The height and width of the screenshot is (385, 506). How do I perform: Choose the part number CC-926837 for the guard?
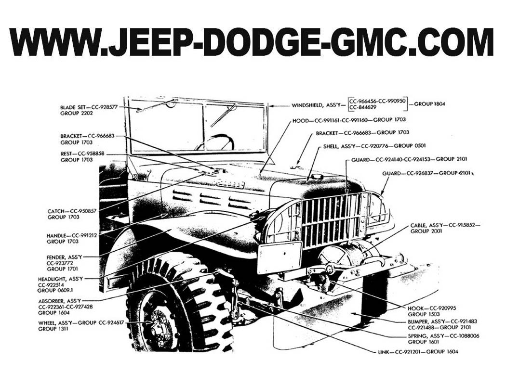(421, 173)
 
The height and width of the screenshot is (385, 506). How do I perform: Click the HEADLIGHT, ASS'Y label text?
(60, 279)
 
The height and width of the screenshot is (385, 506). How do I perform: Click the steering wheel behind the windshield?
(215, 142)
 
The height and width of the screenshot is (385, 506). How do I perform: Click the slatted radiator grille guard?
(330, 219)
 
